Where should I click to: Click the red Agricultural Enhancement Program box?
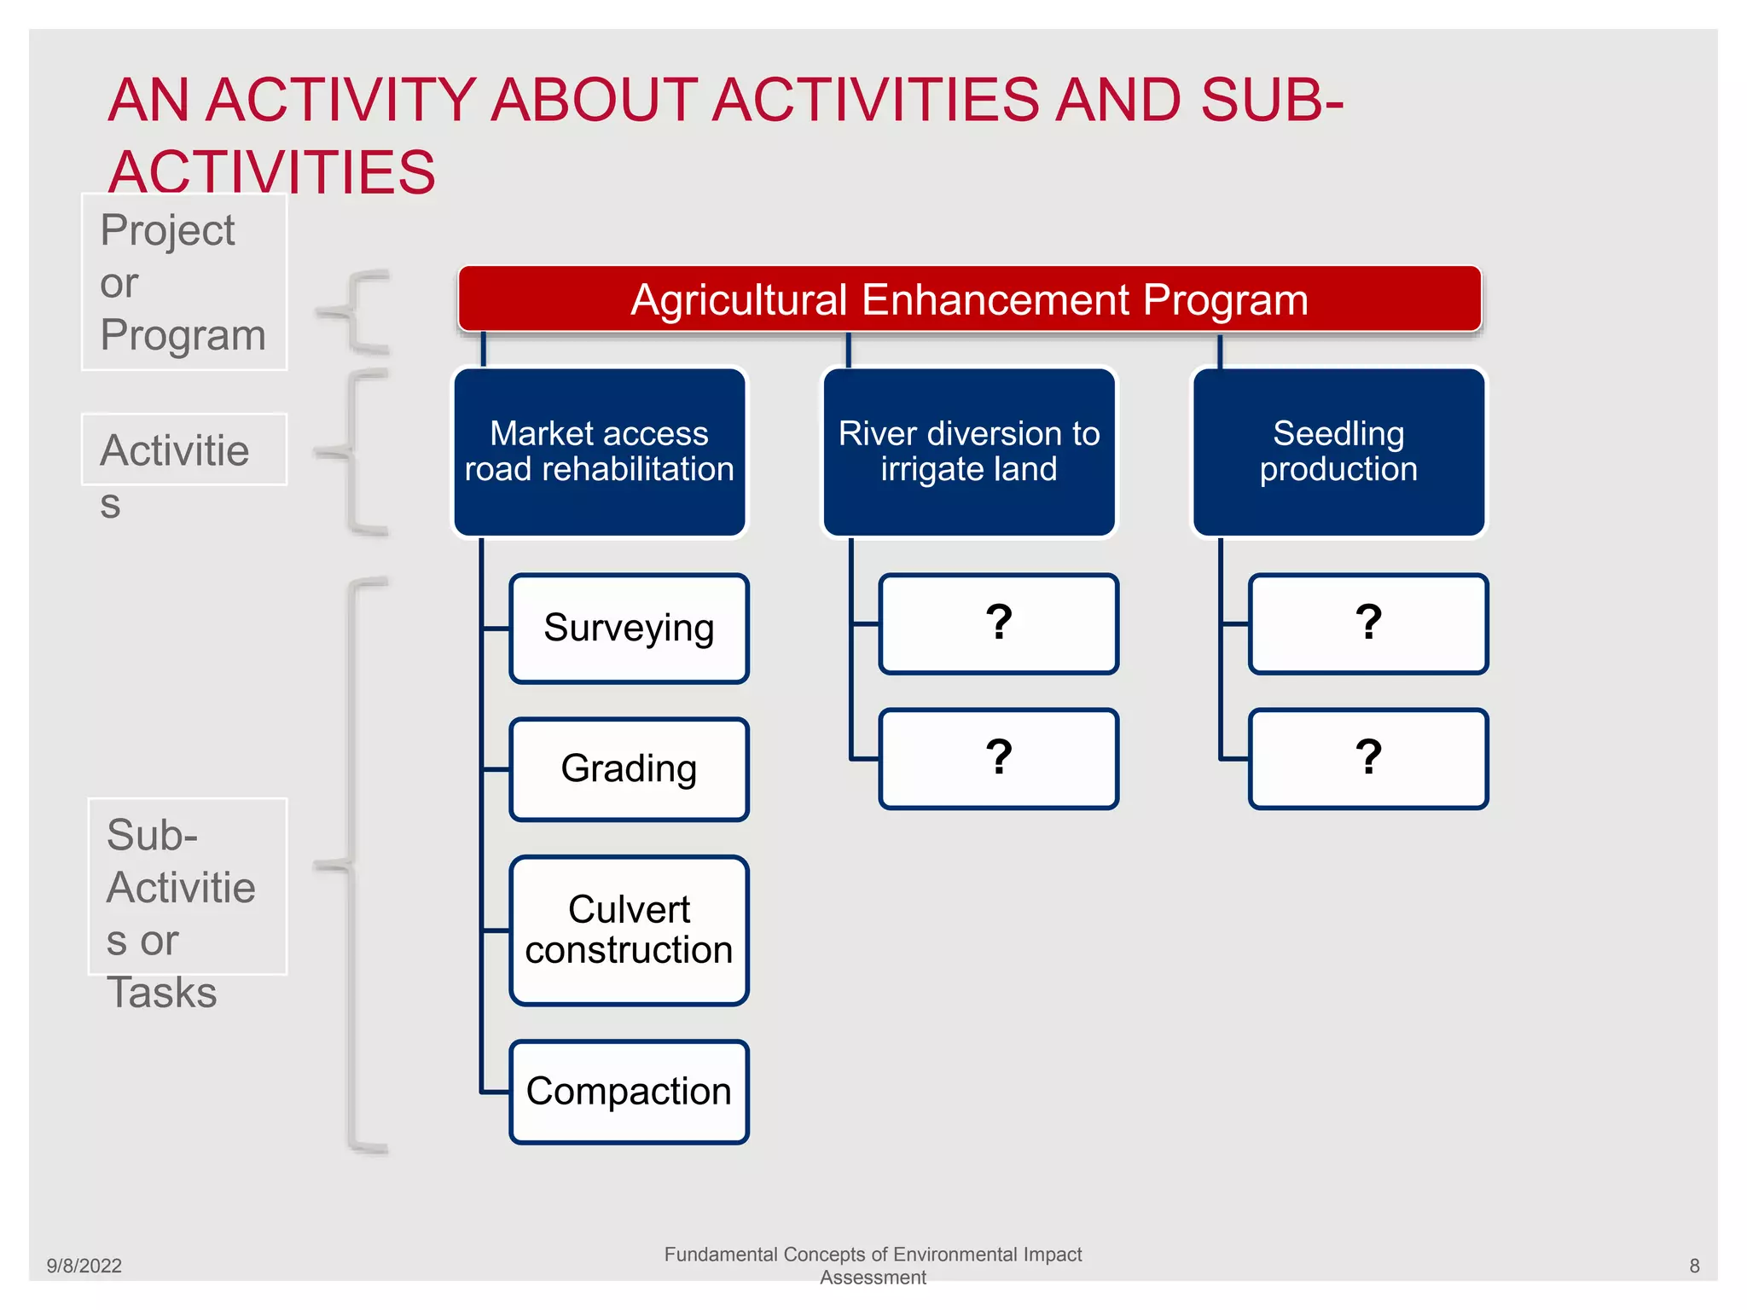(x=969, y=299)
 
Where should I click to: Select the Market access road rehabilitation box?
(x=599, y=452)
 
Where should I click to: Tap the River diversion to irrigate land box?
(x=969, y=452)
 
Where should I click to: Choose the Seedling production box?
(x=1338, y=452)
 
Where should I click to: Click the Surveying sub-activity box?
(x=629, y=629)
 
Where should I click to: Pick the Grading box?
(x=629, y=769)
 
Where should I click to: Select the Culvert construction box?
(x=629, y=930)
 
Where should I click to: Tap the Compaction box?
(x=629, y=1092)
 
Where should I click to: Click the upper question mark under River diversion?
(x=998, y=623)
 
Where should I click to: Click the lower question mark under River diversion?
(x=998, y=758)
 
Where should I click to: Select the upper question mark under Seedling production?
(x=1368, y=623)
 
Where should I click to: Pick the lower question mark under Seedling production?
(x=1368, y=758)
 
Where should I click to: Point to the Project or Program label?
(x=183, y=282)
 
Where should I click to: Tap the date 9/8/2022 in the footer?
(x=84, y=1266)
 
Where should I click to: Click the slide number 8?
(x=1694, y=1266)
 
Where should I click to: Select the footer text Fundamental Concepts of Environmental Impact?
(x=873, y=1255)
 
